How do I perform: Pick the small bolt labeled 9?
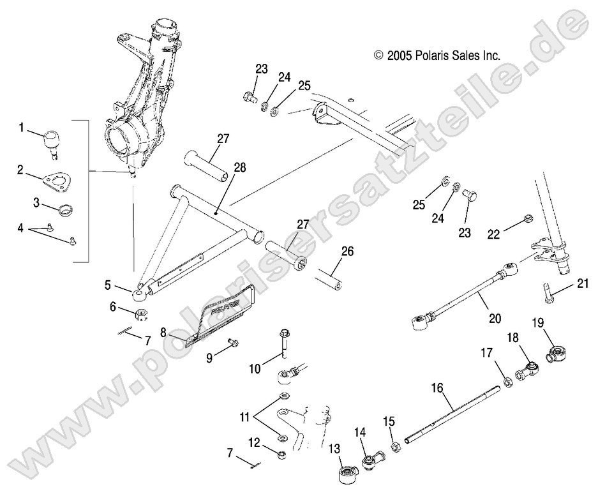(x=232, y=343)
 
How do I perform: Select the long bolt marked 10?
(x=283, y=344)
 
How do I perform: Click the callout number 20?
(x=495, y=317)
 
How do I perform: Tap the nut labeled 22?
(x=527, y=220)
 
